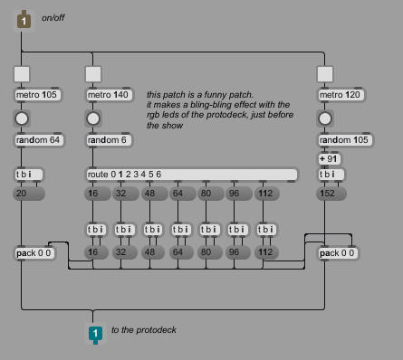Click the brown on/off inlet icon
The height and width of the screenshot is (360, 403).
[x=24, y=21]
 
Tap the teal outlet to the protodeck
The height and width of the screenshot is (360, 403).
[x=95, y=334]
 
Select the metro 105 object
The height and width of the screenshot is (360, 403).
[x=38, y=95]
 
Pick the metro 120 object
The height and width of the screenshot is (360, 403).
[x=341, y=95]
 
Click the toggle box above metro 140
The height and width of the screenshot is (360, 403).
[x=93, y=74]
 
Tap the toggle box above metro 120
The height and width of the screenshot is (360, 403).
[x=325, y=74]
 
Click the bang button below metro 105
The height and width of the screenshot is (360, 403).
[x=22, y=118]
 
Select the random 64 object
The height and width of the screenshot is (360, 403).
[x=39, y=140]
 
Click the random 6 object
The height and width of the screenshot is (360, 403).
[x=109, y=140]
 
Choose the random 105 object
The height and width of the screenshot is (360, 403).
[x=345, y=140]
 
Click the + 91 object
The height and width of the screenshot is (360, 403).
[x=330, y=159]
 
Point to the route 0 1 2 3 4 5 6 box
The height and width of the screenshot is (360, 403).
[x=192, y=175]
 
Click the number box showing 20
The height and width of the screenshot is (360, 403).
[x=29, y=194]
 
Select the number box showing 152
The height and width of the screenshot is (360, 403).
[x=331, y=194]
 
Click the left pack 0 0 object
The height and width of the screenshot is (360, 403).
[x=34, y=253]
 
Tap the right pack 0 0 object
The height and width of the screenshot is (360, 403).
[x=338, y=253]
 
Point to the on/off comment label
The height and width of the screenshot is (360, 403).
[x=53, y=18]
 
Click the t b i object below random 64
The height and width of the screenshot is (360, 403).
[x=29, y=175]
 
